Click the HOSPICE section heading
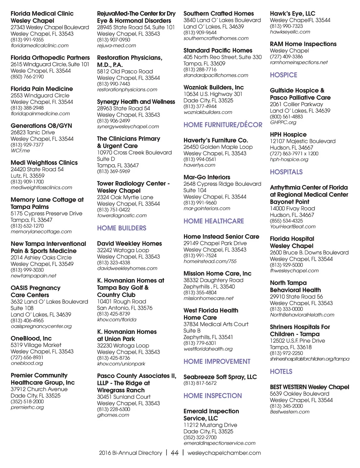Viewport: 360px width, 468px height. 283,75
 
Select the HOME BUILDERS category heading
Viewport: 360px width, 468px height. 122,228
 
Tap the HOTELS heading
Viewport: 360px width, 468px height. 281,372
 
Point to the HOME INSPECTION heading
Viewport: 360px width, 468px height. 212,396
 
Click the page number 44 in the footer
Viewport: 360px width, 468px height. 175,453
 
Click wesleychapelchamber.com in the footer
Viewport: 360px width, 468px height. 224,453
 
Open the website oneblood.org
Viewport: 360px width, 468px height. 27,363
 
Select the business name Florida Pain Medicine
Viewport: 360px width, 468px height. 42,89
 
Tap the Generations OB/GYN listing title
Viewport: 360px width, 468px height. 41,126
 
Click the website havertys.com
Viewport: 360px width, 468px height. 199,165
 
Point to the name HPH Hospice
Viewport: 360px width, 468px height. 288,135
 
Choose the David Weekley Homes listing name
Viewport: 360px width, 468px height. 129,244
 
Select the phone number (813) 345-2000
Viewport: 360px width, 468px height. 286,406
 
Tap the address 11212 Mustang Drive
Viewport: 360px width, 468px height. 210,425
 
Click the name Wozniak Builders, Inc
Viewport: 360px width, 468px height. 213,88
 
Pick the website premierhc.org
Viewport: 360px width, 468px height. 27,407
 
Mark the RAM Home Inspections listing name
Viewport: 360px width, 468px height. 303,44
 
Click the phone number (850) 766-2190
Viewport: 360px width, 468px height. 27,77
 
